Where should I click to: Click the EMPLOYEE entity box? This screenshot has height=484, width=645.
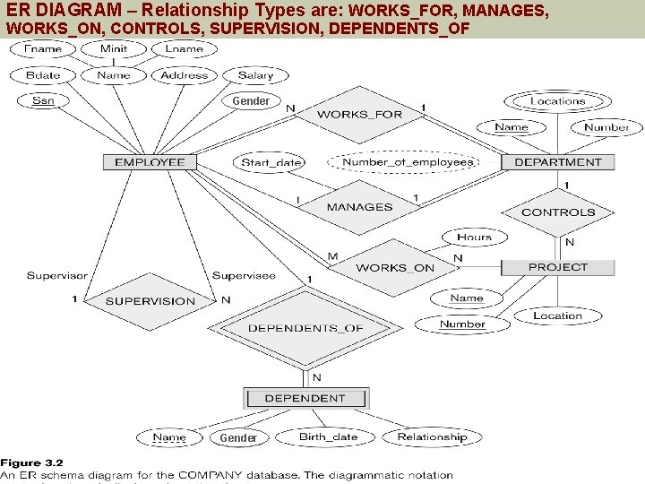coord(150,162)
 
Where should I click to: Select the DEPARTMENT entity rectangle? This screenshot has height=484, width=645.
coord(558,162)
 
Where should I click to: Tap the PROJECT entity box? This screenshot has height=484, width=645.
coord(558,267)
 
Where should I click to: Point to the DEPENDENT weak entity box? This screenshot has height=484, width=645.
coord(305,398)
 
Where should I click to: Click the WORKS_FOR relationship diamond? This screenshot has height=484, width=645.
coord(359,114)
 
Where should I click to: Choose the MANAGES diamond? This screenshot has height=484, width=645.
coord(359,207)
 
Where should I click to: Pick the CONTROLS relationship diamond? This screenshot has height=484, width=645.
coord(558,212)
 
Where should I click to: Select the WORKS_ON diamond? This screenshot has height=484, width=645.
coord(394,267)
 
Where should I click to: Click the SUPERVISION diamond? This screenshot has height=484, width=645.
coord(150,301)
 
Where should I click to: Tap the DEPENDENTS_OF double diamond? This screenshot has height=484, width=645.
coord(305,328)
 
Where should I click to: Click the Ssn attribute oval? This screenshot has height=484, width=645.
coord(43,100)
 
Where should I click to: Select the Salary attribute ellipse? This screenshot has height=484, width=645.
coord(255,75)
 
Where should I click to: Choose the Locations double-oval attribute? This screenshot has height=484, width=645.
coord(557,101)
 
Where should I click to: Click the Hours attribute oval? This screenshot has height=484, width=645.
coord(474,238)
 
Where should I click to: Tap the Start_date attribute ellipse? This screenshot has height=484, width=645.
coord(271,163)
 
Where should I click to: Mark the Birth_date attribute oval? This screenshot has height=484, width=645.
coord(328,437)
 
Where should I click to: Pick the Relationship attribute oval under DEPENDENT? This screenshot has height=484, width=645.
coord(432,437)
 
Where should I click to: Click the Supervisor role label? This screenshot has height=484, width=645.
coord(57,275)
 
